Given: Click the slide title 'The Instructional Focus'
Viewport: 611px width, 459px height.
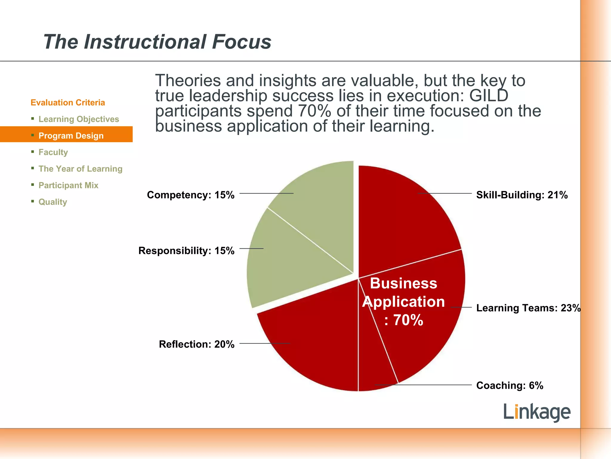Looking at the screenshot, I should [157, 42].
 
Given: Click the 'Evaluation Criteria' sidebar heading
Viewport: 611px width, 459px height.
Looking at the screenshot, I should [68, 102].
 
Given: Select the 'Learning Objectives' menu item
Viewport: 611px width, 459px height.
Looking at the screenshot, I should [78, 119].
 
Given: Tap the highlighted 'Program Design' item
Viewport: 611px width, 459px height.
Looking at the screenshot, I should [71, 136].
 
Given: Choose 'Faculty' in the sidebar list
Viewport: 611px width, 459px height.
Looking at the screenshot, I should [53, 152].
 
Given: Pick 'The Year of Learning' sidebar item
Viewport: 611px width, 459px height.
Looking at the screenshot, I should [80, 169].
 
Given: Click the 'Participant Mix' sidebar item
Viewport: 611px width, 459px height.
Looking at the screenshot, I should [68, 185].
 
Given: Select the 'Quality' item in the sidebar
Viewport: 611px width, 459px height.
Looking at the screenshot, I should [53, 202].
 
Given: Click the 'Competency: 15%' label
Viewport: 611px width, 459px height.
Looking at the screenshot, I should [191, 195].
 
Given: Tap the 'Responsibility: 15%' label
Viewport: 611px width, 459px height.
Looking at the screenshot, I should [186, 250].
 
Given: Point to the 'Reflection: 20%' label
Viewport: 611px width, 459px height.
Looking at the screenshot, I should [197, 344].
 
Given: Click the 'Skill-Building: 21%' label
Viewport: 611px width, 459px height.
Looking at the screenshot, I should [522, 195].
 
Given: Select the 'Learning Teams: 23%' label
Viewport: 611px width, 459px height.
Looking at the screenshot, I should [528, 308].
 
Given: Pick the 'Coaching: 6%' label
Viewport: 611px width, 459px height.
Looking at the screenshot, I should [510, 385].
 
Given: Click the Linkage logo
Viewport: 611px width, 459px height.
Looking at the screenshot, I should [537, 412].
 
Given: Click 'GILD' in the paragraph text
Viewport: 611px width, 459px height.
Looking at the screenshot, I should [488, 96].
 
